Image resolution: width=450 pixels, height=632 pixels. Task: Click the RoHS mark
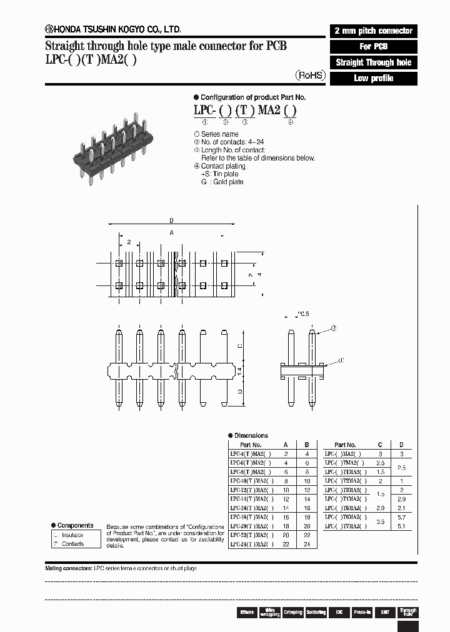310,74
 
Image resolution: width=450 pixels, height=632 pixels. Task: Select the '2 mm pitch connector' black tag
373,31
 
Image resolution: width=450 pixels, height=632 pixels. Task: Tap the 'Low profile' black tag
373,79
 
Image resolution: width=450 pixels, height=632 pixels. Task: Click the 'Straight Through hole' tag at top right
373,62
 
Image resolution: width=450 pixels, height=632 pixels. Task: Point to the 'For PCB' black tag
373,46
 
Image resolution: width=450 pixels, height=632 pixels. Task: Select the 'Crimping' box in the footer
292,612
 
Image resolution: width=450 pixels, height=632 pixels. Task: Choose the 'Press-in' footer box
361,612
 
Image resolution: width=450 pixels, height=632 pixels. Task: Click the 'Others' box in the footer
246,612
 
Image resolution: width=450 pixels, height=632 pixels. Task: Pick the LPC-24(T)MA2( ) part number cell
251,544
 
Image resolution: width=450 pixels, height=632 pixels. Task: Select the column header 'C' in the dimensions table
380,445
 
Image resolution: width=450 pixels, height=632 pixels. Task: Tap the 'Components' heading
75,525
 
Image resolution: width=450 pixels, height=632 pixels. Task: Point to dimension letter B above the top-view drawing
171,221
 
